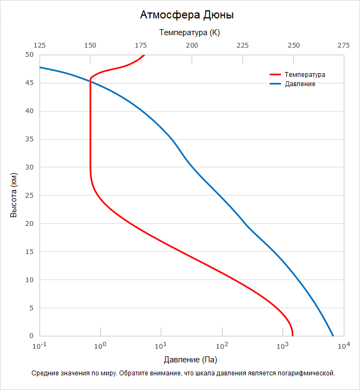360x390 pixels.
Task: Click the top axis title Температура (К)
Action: tap(189, 32)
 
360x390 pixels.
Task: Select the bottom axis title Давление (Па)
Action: tap(190, 360)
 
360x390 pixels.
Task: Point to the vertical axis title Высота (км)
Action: tap(14, 196)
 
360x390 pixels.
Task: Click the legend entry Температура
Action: tap(305, 75)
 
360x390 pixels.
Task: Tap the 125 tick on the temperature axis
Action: tap(40, 46)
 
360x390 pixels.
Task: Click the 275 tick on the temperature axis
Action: tap(343, 46)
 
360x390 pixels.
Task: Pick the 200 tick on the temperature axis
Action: tap(192, 46)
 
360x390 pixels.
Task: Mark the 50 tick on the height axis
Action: tap(29, 55)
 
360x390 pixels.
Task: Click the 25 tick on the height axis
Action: tap(29, 196)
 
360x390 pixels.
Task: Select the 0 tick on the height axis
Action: tap(31, 336)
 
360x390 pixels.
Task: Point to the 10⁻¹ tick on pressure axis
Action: tap(40, 346)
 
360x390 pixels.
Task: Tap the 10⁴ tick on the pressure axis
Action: tap(343, 346)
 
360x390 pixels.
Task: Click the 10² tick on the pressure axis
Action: tap(221, 346)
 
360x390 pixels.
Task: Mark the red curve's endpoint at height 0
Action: tap(292, 336)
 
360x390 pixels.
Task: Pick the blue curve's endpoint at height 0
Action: tap(333, 336)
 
